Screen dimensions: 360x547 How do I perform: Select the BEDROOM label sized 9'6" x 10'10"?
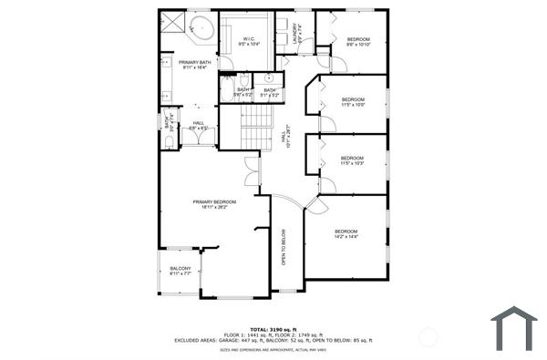[358, 41]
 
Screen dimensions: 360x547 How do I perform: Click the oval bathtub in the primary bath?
[201, 26]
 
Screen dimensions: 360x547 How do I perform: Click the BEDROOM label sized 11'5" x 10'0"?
[353, 101]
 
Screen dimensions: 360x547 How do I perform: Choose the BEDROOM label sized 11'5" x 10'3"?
[352, 160]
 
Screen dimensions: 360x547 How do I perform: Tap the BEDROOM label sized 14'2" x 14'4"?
[346, 233]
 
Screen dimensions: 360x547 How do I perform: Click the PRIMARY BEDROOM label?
[213, 203]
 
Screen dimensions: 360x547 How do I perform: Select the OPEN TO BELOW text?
[284, 246]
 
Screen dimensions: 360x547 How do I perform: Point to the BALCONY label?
[180, 270]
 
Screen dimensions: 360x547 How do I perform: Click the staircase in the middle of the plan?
[243, 129]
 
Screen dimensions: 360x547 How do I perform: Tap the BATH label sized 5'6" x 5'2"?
[243, 91]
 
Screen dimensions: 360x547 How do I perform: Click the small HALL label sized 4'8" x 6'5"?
[199, 126]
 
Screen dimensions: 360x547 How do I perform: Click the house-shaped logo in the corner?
[514, 327]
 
